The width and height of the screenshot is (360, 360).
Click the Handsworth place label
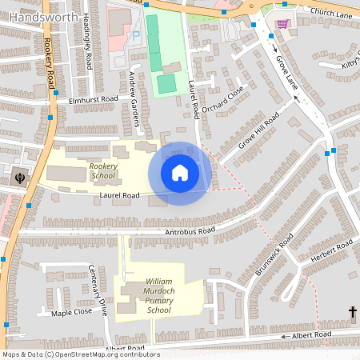click(x=44, y=16)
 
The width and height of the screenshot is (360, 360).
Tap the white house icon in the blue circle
click(x=180, y=173)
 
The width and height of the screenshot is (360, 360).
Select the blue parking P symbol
click(x=135, y=36)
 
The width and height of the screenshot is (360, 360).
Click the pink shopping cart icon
click(x=282, y=23)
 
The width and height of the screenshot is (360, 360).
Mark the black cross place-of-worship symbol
click(x=352, y=311)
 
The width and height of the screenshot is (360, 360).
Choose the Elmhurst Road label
click(x=94, y=100)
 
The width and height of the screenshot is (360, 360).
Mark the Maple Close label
click(x=73, y=313)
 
